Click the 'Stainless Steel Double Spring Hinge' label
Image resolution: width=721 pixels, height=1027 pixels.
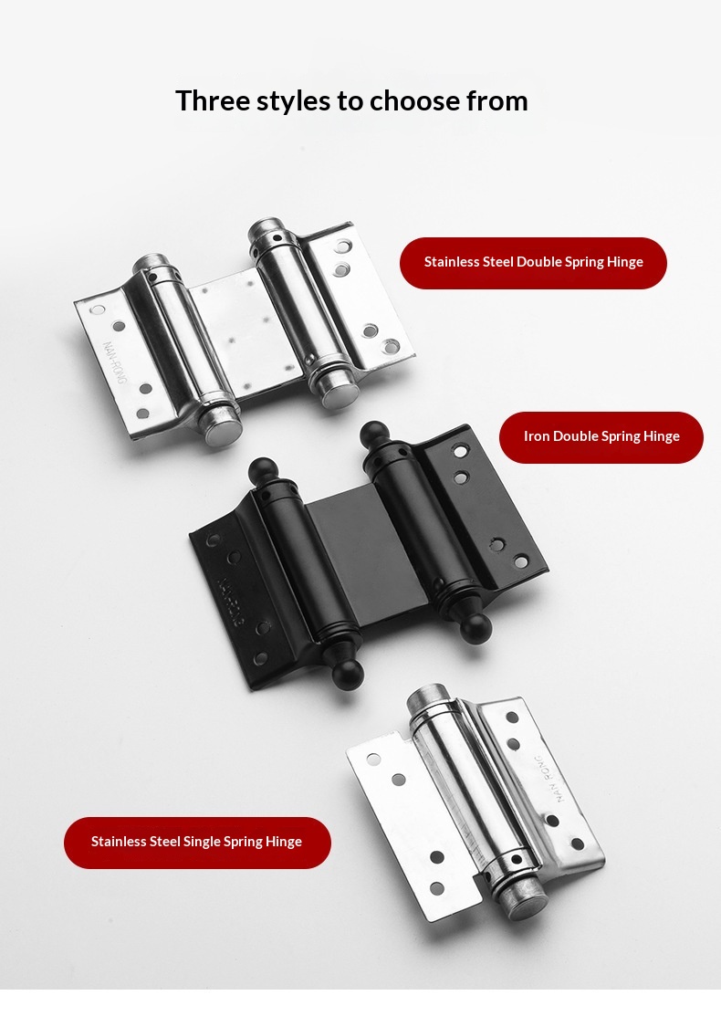coord(533,262)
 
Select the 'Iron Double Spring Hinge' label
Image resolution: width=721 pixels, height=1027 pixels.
coord(601,437)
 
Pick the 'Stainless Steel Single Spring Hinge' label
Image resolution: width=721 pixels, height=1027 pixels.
coord(197,843)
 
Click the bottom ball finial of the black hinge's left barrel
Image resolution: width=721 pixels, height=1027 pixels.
coord(347,672)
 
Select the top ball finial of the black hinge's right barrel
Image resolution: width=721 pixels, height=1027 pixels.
coord(375,435)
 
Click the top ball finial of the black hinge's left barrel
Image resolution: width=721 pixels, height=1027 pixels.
coord(263,472)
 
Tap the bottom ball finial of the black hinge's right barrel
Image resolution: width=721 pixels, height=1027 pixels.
coord(475,628)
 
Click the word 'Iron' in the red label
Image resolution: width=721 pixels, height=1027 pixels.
coord(537,436)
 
